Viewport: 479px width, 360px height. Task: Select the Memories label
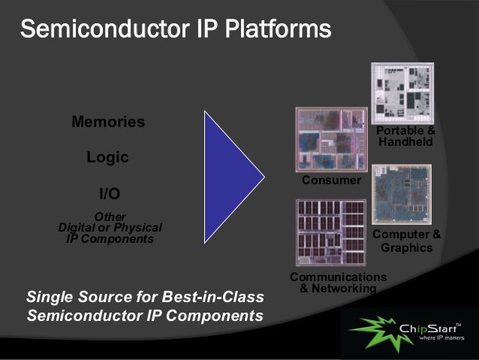click(x=108, y=122)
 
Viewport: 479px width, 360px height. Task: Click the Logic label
click(x=107, y=158)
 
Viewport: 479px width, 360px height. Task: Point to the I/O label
click(x=110, y=193)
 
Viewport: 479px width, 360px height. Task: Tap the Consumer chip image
click(x=331, y=141)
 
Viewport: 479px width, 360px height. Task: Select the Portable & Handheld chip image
click(x=402, y=93)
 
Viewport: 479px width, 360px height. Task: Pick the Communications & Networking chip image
click(x=331, y=233)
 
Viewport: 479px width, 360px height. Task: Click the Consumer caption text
click(x=331, y=181)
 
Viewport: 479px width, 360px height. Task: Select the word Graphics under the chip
click(x=406, y=248)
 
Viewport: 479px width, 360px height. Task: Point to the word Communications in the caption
click(x=339, y=277)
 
